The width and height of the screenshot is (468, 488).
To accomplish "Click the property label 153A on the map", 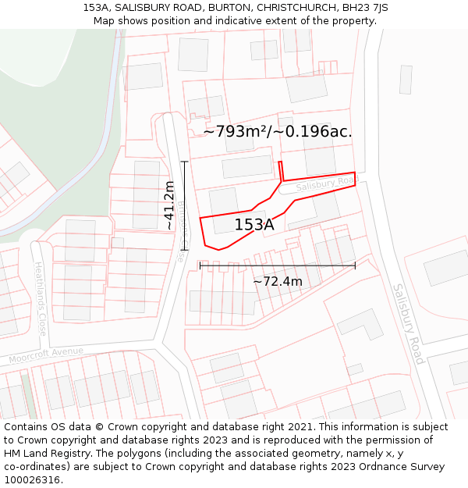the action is point(254,225).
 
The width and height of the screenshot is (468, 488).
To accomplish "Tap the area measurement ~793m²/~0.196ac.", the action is point(278,132).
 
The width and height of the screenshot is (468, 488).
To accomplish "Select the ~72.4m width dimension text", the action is point(278,281).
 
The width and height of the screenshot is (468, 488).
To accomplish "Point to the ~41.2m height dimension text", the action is point(168,205).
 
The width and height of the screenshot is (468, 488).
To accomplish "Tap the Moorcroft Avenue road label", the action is point(46,356).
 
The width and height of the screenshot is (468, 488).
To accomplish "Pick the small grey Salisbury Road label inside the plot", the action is point(325,185).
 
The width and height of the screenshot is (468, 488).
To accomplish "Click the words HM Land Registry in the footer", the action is point(46,453).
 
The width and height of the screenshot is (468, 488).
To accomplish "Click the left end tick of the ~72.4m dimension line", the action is point(200,265).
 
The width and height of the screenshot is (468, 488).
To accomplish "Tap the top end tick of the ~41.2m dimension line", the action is point(185,162).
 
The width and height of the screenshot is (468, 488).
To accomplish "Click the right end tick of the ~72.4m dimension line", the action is point(355,265).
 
